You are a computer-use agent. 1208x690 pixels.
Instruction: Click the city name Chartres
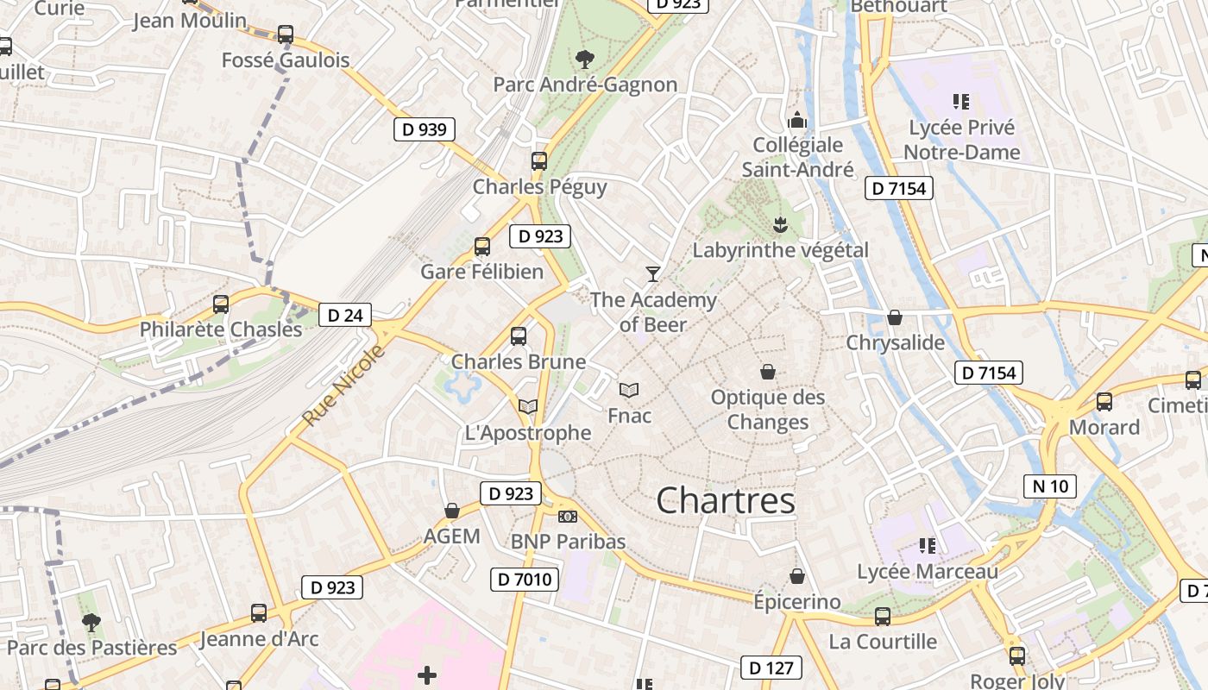click(726, 500)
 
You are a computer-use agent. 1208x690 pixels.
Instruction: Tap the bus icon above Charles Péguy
click(539, 160)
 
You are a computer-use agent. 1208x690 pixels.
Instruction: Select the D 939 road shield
click(425, 129)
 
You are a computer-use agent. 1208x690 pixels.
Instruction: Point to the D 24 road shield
click(345, 315)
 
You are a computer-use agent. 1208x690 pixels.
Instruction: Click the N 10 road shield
click(1050, 486)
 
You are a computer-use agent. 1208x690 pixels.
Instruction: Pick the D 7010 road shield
click(525, 580)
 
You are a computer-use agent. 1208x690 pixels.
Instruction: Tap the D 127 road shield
click(771, 667)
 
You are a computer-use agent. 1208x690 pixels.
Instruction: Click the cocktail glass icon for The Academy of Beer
click(652, 274)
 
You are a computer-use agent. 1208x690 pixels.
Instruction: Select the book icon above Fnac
click(629, 390)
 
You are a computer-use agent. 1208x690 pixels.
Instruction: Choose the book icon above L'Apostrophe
click(527, 406)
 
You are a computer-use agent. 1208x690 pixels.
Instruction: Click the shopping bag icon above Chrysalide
click(895, 317)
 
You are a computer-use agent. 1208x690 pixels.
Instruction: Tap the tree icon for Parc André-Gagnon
click(584, 59)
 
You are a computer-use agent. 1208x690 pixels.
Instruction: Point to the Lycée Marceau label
click(928, 571)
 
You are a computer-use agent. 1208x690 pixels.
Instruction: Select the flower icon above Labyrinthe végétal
click(780, 225)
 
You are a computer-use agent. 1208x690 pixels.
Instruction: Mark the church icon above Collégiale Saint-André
click(797, 119)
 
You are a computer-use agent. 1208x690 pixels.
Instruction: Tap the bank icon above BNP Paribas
click(567, 516)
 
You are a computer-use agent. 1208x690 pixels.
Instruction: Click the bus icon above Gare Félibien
click(482, 247)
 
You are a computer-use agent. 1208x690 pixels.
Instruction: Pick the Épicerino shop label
click(796, 601)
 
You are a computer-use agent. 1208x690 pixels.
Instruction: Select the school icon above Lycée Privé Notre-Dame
click(961, 102)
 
